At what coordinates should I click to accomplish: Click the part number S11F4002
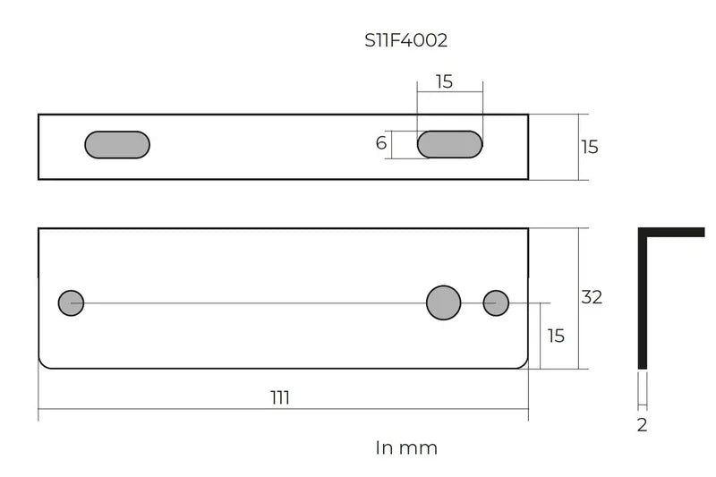(x=405, y=40)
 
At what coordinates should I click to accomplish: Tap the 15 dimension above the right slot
(x=444, y=82)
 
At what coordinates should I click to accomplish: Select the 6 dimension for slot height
(x=381, y=143)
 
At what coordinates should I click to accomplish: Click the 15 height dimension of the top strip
(x=589, y=147)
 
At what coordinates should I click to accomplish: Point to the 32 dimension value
(x=592, y=297)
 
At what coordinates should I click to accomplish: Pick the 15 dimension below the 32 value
(x=556, y=336)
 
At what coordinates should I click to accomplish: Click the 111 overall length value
(x=280, y=398)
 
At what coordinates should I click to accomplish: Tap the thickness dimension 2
(x=642, y=425)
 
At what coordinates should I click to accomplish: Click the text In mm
(x=406, y=447)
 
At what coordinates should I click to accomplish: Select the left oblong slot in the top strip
(x=117, y=145)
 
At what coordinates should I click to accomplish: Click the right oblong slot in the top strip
(x=450, y=144)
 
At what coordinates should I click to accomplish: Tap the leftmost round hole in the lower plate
(x=71, y=303)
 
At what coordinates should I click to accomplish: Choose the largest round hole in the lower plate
(x=444, y=303)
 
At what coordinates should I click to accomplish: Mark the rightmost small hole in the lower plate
(x=496, y=303)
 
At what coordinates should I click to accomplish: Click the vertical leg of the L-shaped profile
(x=643, y=304)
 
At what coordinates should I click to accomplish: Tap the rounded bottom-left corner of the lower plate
(x=44, y=362)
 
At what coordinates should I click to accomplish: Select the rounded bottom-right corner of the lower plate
(x=524, y=362)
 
